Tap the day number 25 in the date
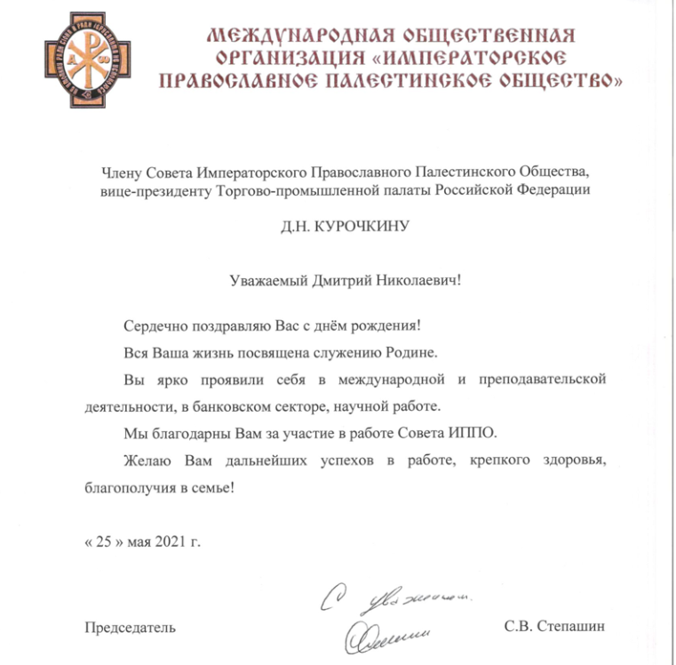click(x=102, y=541)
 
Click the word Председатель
click(x=130, y=627)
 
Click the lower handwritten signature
click(x=384, y=633)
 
